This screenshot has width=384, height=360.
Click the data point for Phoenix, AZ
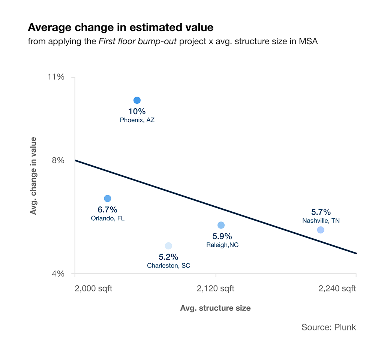click(x=137, y=100)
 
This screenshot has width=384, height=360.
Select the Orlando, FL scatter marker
click(x=107, y=198)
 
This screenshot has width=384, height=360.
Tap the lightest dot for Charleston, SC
click(x=168, y=246)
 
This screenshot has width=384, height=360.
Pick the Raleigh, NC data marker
click(x=221, y=225)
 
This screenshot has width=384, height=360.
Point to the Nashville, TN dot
click(x=321, y=230)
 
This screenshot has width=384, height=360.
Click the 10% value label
click(x=137, y=111)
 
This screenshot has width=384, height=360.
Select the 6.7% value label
click(x=108, y=209)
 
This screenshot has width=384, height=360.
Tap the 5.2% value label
click(x=168, y=257)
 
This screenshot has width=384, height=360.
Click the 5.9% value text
click(x=222, y=236)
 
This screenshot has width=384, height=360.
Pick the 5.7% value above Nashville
click(x=321, y=212)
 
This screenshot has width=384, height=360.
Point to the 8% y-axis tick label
click(x=59, y=160)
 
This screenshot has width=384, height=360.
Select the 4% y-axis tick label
click(x=58, y=273)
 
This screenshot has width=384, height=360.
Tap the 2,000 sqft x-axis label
click(x=94, y=288)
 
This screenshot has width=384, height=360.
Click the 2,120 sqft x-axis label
click(x=216, y=288)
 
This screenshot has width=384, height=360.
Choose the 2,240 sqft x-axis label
click(x=337, y=288)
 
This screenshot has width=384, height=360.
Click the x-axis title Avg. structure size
click(x=215, y=308)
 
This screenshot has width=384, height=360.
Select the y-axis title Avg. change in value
click(x=33, y=176)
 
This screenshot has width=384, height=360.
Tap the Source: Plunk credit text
click(x=328, y=327)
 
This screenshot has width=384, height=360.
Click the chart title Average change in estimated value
click(x=120, y=27)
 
